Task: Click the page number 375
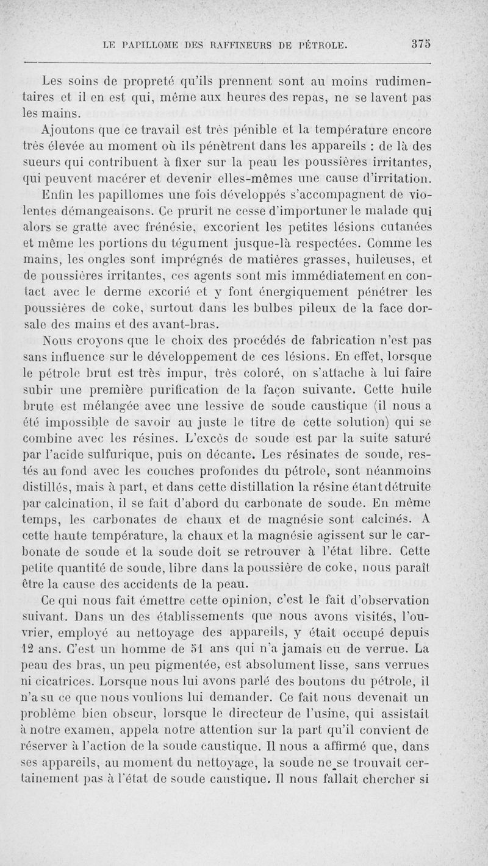(x=421, y=44)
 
